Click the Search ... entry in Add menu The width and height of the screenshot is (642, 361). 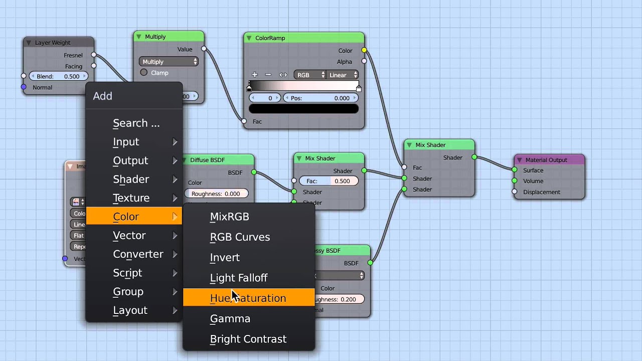[136, 123]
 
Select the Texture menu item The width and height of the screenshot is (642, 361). [131, 198]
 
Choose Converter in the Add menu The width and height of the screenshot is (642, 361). [138, 254]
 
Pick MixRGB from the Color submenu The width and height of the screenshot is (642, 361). [229, 217]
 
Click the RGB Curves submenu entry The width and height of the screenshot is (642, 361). [240, 237]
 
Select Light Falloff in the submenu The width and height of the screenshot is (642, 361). [239, 278]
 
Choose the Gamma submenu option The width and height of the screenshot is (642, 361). [230, 319]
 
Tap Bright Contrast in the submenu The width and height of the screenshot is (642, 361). [248, 339]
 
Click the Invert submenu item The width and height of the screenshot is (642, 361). [225, 258]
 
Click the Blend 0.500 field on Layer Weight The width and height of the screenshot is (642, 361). [58, 76]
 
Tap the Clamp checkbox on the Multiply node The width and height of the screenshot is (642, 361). [144, 73]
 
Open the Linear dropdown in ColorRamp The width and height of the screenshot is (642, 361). [342, 75]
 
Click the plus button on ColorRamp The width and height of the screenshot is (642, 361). [255, 75]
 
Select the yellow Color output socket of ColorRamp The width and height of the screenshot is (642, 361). [364, 50]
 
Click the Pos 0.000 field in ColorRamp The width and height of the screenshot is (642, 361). [320, 98]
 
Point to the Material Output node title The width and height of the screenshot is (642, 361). [546, 160]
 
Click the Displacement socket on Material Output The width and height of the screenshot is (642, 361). [515, 192]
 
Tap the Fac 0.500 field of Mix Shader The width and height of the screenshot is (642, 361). [329, 181]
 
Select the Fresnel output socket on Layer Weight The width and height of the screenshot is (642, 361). [94, 55]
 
